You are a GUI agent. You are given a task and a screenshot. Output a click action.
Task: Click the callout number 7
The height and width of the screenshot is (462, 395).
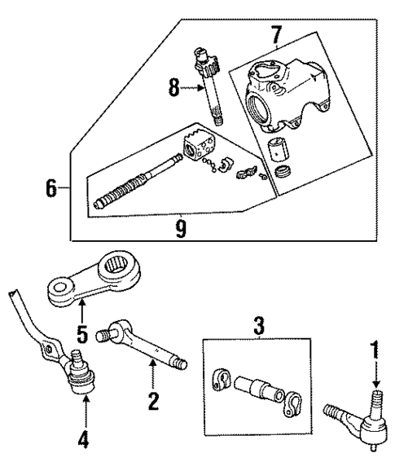[x=276, y=35]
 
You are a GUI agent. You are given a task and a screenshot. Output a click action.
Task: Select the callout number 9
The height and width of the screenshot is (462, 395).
[x=181, y=230]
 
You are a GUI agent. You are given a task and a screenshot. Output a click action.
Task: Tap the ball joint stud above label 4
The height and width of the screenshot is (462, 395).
[x=78, y=359]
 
